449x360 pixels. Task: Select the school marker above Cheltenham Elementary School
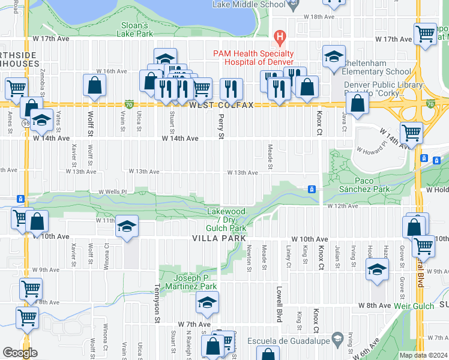pos(334,58)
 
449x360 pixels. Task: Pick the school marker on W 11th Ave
pos(127,227)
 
